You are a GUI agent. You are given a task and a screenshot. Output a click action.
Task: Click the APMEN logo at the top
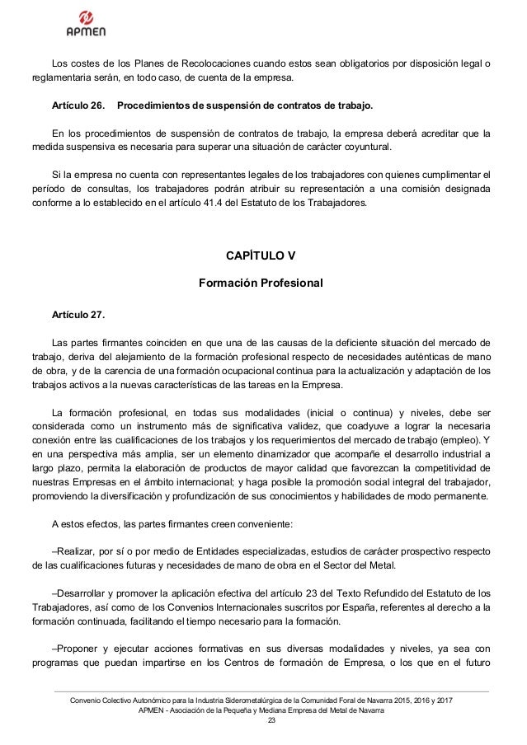coord(85,24)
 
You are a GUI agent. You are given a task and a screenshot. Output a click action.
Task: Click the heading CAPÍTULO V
coord(260,253)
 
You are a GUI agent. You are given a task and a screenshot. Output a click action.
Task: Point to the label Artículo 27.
coord(78,314)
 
